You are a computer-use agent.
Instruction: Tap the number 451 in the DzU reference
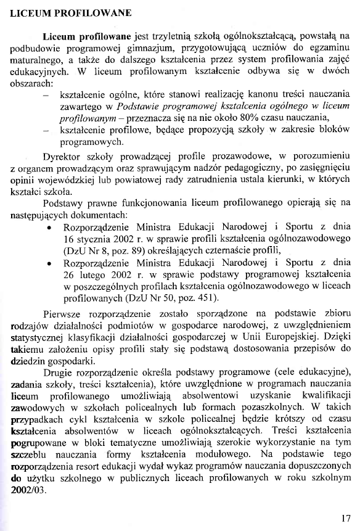[208, 299]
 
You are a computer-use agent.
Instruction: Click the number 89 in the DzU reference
[145, 250]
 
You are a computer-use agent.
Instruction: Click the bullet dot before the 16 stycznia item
[48, 228]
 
